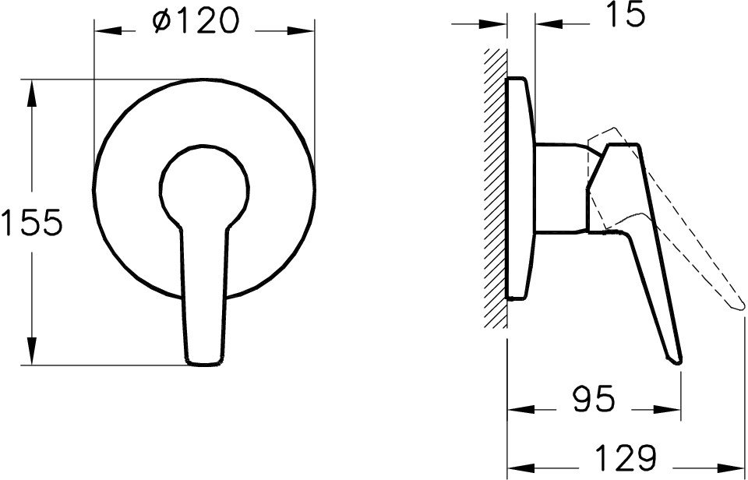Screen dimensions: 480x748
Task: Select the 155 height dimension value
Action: click(31, 224)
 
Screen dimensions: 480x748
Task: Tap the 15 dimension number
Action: click(625, 16)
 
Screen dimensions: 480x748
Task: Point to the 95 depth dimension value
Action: click(593, 400)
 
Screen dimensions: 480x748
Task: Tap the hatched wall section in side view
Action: click(495, 187)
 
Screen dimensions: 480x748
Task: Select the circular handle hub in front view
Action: click(205, 187)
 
